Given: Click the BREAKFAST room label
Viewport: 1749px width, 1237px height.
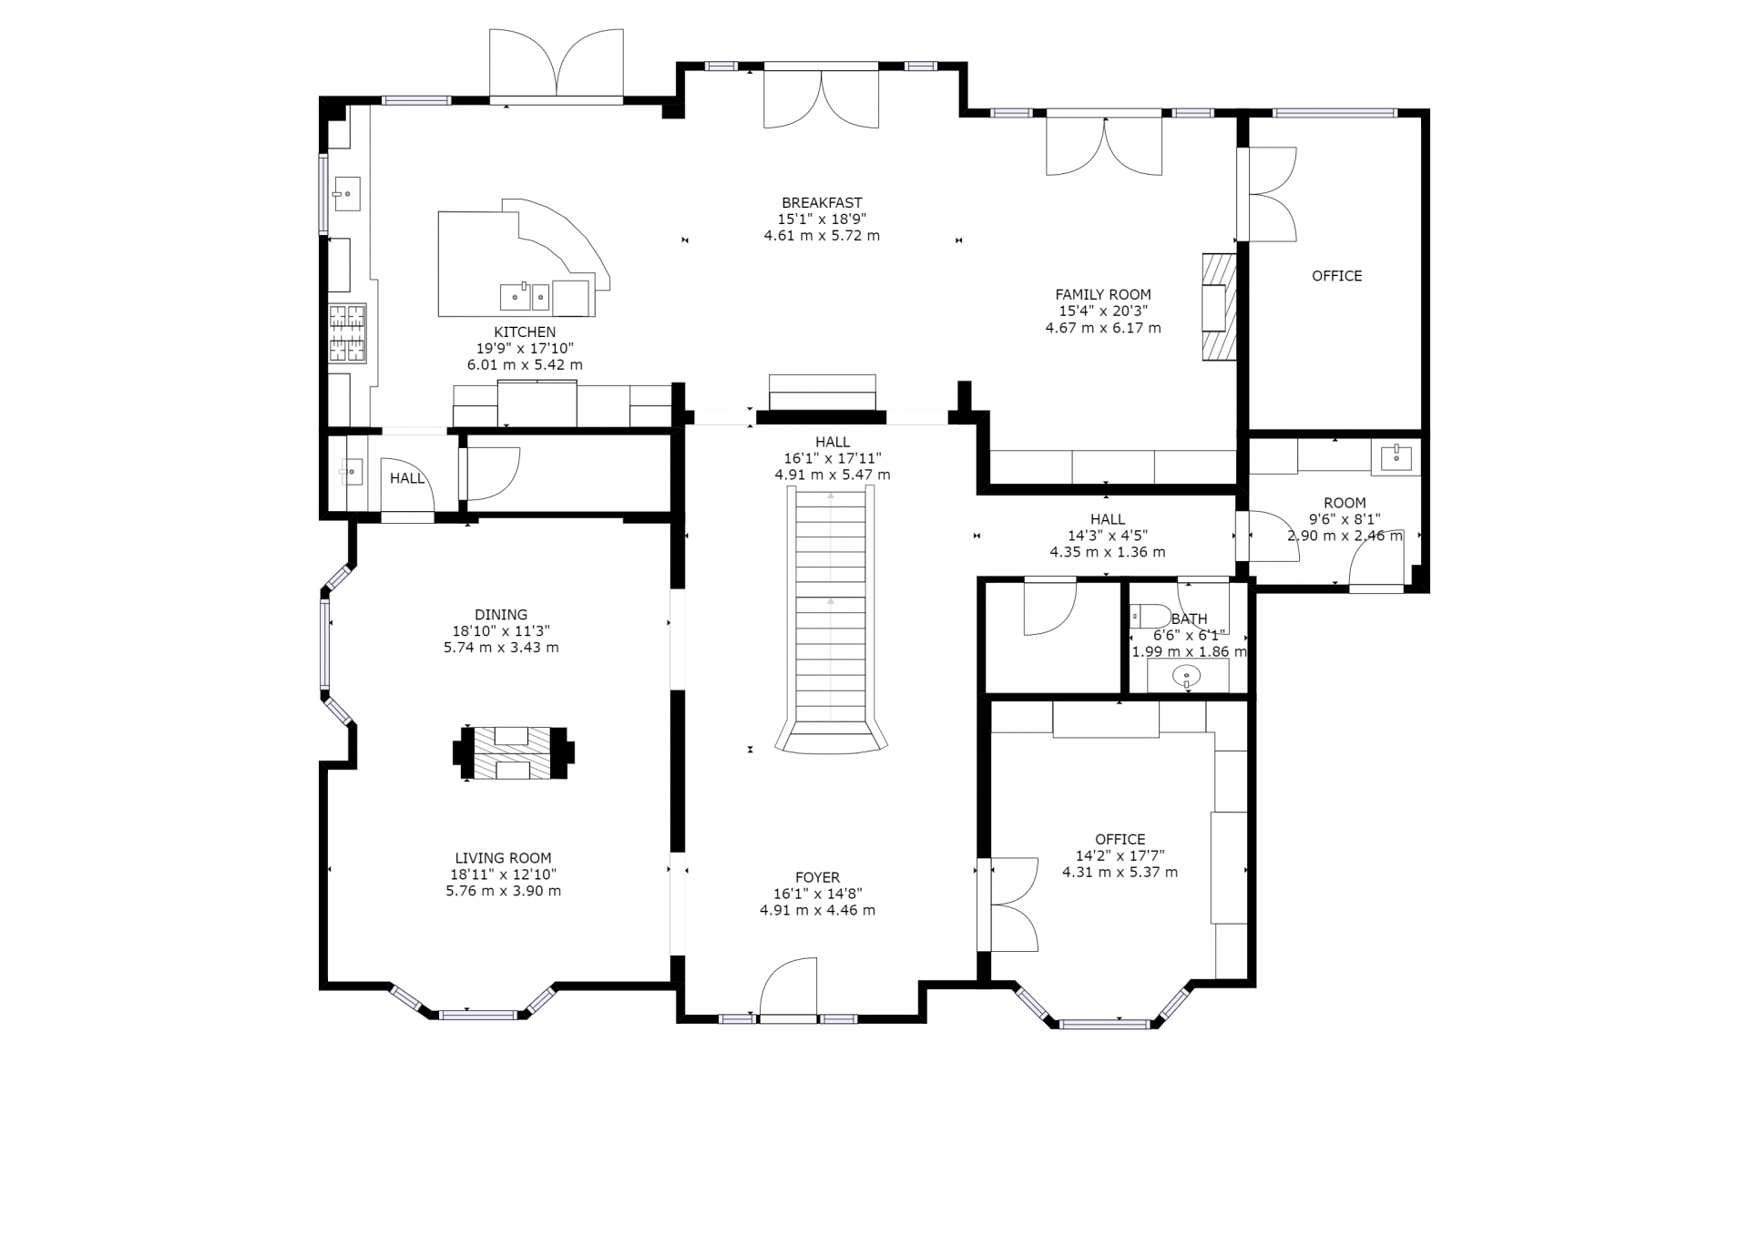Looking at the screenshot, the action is click(x=822, y=203).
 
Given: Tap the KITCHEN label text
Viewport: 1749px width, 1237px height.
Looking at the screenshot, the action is click(x=525, y=332).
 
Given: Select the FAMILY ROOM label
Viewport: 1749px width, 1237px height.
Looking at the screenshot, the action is click(x=1103, y=294).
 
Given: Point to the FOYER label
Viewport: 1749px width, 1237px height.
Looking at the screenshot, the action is click(x=817, y=878).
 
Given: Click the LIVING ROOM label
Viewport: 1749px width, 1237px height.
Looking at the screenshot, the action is click(x=503, y=858).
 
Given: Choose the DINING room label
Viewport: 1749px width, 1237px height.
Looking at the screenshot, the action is click(x=501, y=615).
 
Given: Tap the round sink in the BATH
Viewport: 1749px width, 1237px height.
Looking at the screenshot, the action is click(x=1186, y=676).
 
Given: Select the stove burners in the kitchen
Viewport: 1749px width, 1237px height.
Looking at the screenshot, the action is click(x=347, y=333).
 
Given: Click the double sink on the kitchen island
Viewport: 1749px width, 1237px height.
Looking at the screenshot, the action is click(x=525, y=297).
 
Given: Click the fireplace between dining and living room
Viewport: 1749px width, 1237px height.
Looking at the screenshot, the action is click(x=514, y=753).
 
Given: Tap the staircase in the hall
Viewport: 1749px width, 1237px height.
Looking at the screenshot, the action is click(x=831, y=619).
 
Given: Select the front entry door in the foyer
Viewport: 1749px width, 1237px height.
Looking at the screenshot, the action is click(x=789, y=988).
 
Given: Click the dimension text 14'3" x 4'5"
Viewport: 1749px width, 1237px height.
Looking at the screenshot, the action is click(x=1107, y=536).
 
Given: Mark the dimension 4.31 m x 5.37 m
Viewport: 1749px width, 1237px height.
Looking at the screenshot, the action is click(x=1120, y=872).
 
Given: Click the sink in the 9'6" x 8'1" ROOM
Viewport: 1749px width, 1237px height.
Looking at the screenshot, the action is click(x=1395, y=456).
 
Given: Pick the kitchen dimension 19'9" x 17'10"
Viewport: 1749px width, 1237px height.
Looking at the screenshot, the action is click(x=525, y=348).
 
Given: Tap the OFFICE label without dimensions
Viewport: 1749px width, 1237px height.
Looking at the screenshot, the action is click(x=1336, y=276).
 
